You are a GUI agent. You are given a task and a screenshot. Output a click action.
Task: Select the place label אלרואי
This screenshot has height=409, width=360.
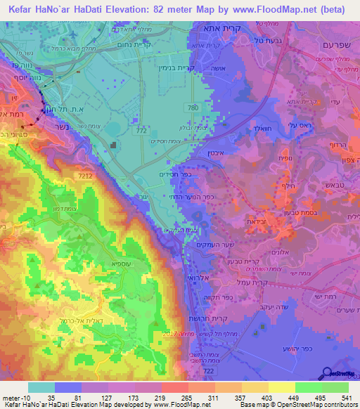click(194, 277)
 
